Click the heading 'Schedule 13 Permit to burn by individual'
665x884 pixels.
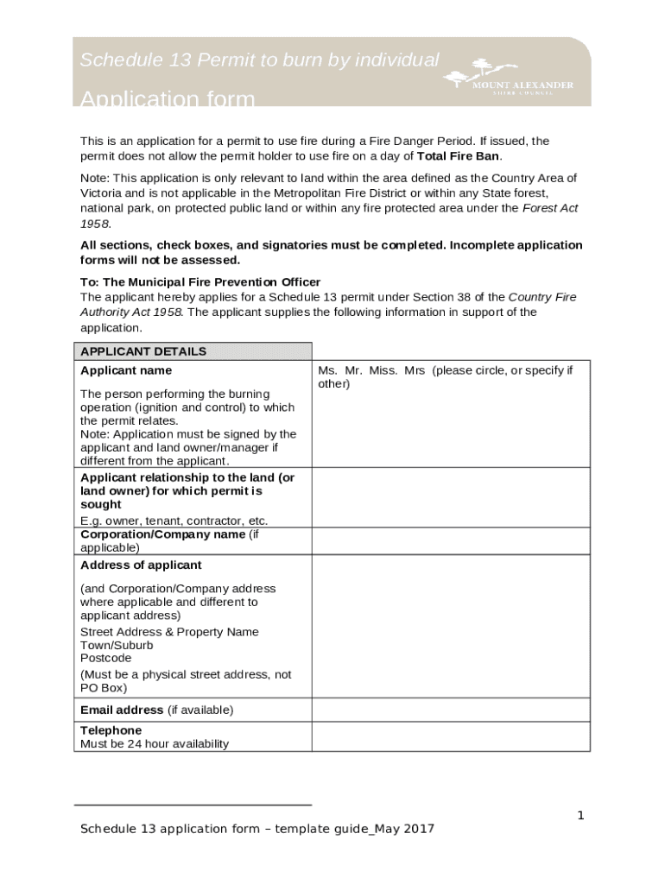259,60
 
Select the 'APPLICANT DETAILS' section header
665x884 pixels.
143,351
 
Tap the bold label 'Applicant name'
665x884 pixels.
126,370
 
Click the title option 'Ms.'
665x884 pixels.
327,370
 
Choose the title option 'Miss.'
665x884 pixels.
383,370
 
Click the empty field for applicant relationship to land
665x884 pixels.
450,498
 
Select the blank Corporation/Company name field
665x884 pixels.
450,541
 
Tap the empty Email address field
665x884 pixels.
450,710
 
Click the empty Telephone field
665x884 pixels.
450,736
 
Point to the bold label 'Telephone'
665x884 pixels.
111,730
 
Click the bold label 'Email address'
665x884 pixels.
122,710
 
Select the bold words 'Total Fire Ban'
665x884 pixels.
458,156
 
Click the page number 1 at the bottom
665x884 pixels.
581,816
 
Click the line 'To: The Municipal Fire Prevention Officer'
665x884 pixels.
200,281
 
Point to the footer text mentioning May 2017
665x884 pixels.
257,830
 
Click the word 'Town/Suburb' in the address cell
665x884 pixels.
117,645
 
